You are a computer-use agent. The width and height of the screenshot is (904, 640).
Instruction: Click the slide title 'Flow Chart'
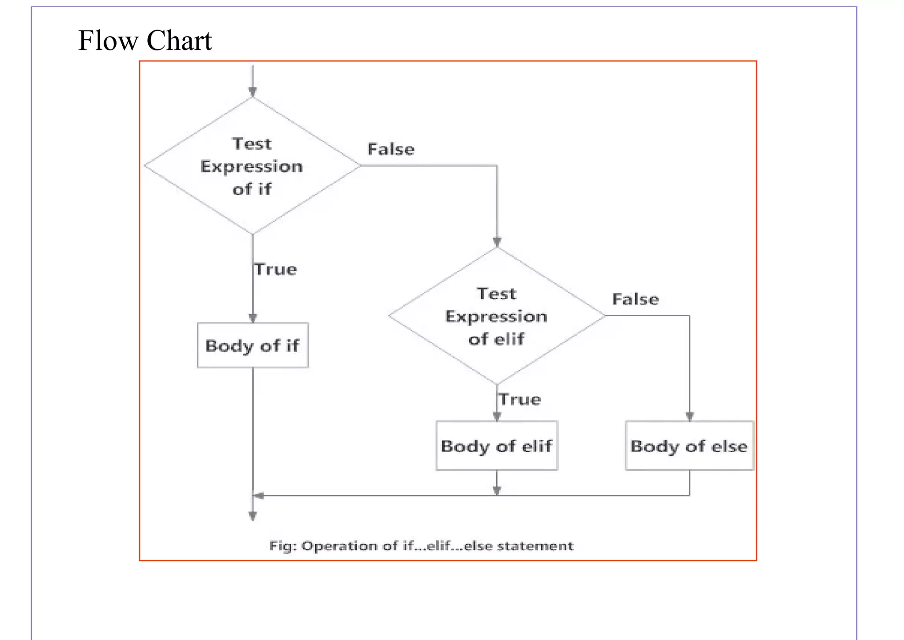tap(145, 41)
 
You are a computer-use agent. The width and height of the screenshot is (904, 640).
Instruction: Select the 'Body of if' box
tap(252, 345)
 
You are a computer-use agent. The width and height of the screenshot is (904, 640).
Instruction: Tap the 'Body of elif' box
tap(497, 446)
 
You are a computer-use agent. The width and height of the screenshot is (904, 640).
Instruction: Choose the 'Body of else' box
tap(689, 446)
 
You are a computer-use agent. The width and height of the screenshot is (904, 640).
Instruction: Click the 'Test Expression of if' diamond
tap(252, 166)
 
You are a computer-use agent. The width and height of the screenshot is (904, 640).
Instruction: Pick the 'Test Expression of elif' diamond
tap(497, 316)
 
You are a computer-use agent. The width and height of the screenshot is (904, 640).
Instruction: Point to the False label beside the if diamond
tap(391, 149)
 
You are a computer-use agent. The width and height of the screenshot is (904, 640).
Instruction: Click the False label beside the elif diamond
tap(635, 299)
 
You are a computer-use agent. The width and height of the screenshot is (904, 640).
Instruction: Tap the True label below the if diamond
tap(276, 269)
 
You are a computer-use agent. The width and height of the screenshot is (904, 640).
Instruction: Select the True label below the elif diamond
tap(520, 400)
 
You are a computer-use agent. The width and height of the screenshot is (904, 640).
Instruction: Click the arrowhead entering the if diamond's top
tap(252, 92)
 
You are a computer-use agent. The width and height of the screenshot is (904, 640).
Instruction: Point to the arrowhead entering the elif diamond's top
tap(497, 242)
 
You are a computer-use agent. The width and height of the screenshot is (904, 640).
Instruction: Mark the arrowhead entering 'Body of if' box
tap(252, 318)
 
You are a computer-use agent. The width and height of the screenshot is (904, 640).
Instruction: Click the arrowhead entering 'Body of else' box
tap(689, 416)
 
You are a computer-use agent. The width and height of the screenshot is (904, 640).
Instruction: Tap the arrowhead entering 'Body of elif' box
tap(497, 416)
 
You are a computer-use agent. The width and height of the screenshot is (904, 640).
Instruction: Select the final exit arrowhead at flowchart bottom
tap(252, 516)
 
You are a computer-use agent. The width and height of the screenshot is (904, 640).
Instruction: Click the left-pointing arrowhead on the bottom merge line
tap(259, 496)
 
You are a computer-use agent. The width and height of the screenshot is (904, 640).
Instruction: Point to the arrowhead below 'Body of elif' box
tap(497, 490)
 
